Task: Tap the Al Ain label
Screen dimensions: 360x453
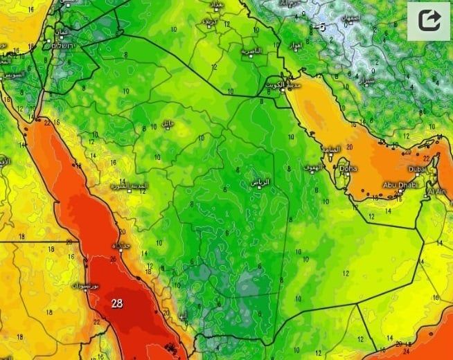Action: pos(437,192)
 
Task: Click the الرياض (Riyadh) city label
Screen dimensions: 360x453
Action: pos(261,182)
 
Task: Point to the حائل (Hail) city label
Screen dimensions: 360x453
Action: pos(167,123)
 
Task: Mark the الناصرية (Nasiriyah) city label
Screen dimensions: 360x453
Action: pos(251,52)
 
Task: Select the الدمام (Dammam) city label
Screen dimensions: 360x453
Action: pos(330,149)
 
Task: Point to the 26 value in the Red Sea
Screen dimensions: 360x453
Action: pos(114,260)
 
